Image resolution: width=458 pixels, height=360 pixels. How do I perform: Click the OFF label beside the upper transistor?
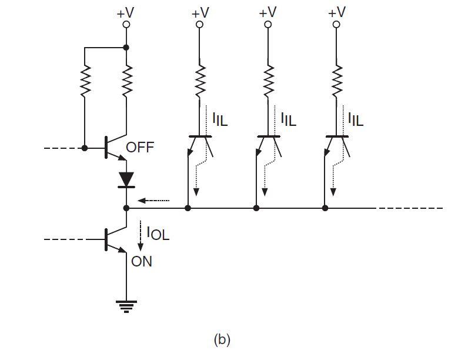[140, 147]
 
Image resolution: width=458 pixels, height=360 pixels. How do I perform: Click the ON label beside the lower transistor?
[142, 261]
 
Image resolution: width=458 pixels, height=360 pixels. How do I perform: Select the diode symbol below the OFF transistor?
[126, 179]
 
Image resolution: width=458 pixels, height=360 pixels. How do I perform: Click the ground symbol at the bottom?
[126, 306]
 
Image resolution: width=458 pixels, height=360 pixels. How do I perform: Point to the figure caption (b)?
[222, 339]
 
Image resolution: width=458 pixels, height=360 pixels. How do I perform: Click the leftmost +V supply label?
[126, 12]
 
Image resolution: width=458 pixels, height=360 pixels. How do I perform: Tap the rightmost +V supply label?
[336, 12]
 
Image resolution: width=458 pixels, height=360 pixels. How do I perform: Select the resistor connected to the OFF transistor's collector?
[126, 81]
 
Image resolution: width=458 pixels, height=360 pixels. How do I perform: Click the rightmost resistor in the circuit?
[336, 81]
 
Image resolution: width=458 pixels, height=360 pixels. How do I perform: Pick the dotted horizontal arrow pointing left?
[156, 201]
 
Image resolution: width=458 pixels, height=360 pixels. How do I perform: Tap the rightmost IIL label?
[355, 120]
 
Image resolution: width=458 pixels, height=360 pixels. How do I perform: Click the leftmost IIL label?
[220, 120]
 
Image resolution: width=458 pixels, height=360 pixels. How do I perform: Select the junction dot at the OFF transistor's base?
[85, 148]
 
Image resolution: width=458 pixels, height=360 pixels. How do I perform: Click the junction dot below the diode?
[126, 208]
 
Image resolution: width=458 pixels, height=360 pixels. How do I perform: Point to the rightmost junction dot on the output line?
[325, 208]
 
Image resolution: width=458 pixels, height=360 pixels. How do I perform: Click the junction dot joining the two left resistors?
[126, 47]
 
